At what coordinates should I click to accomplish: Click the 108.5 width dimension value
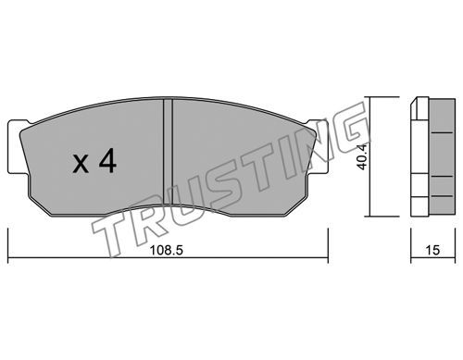coord(167,250)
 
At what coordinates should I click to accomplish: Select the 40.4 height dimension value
coord(362,156)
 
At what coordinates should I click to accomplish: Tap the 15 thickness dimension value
coord(432,250)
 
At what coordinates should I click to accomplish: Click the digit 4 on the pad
coord(107,160)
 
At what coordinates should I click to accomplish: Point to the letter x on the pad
coord(81,164)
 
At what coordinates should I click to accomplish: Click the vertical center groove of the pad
coord(168,152)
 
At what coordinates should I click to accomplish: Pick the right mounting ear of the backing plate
coord(318,147)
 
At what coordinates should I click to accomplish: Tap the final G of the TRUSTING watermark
coord(351,130)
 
